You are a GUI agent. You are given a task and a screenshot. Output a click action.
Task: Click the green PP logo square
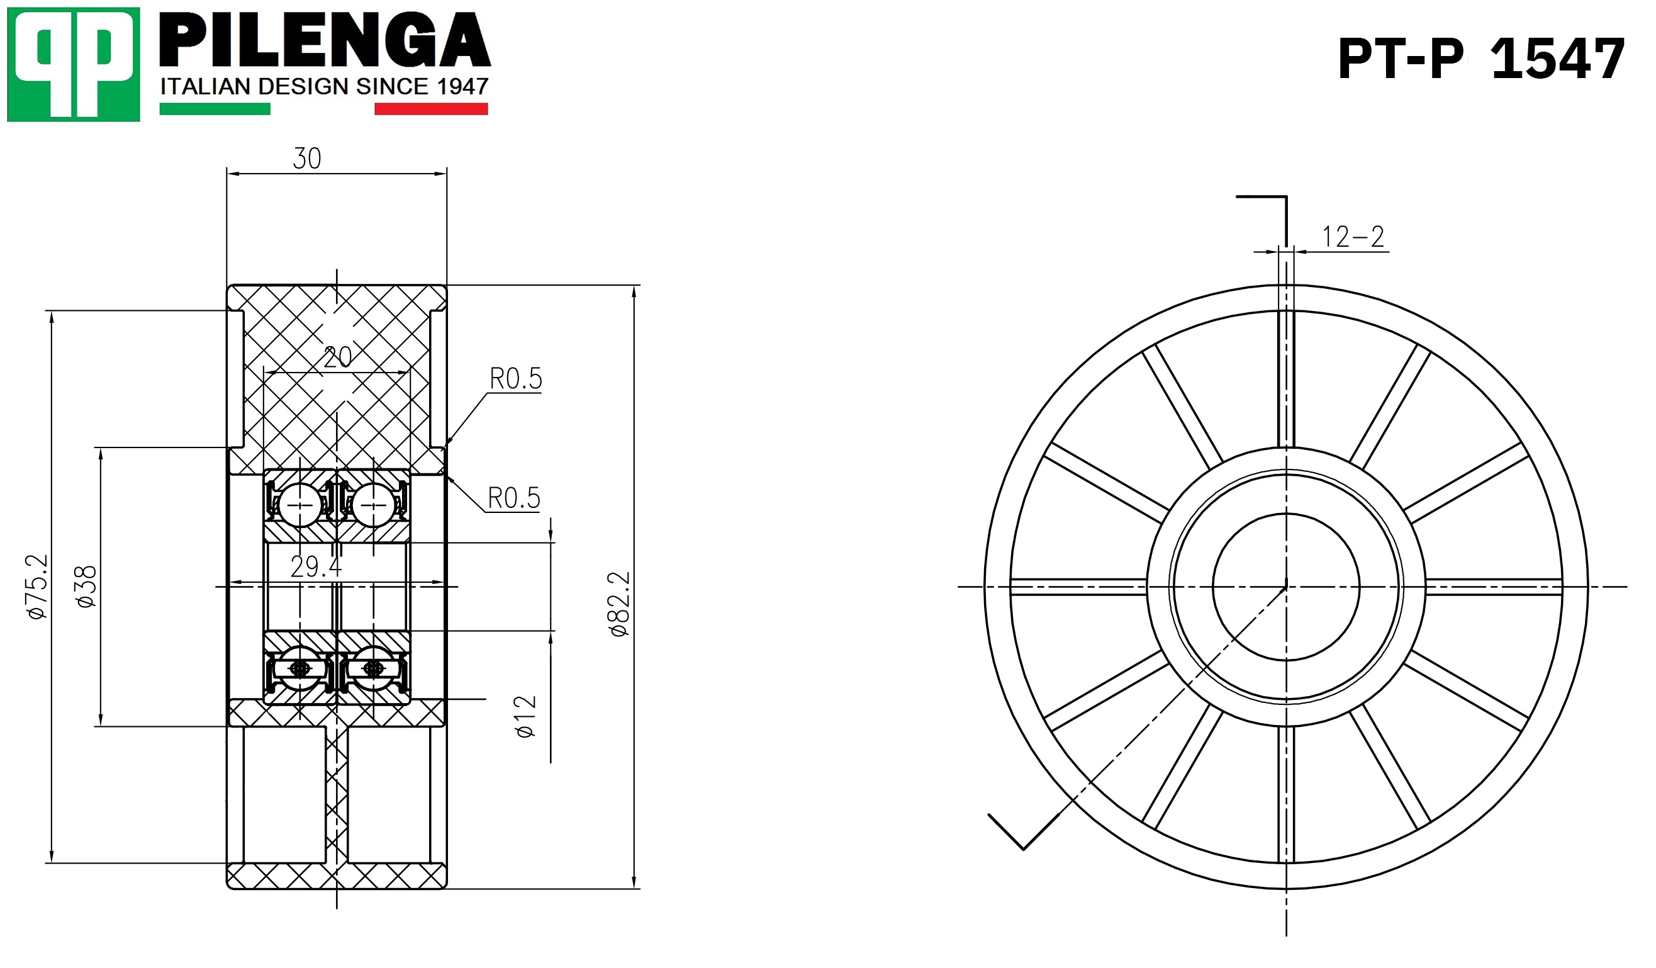coord(74,64)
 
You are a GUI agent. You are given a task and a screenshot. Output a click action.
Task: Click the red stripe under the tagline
coord(431,109)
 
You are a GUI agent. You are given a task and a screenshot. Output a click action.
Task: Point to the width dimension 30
coord(307,159)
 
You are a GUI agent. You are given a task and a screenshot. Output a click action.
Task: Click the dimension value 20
coord(338,357)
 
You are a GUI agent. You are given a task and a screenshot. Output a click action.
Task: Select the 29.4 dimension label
coord(316,566)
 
